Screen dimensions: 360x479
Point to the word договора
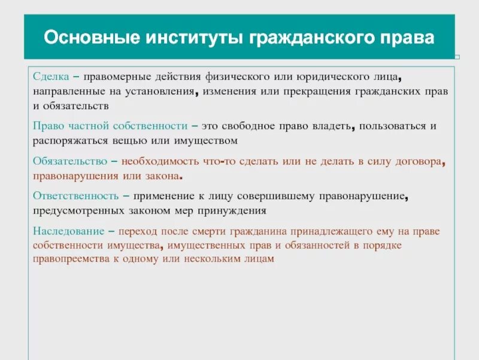(423, 161)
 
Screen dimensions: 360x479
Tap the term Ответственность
(73, 196)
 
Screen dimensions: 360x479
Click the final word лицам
(262, 259)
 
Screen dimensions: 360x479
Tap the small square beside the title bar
(457, 57)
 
